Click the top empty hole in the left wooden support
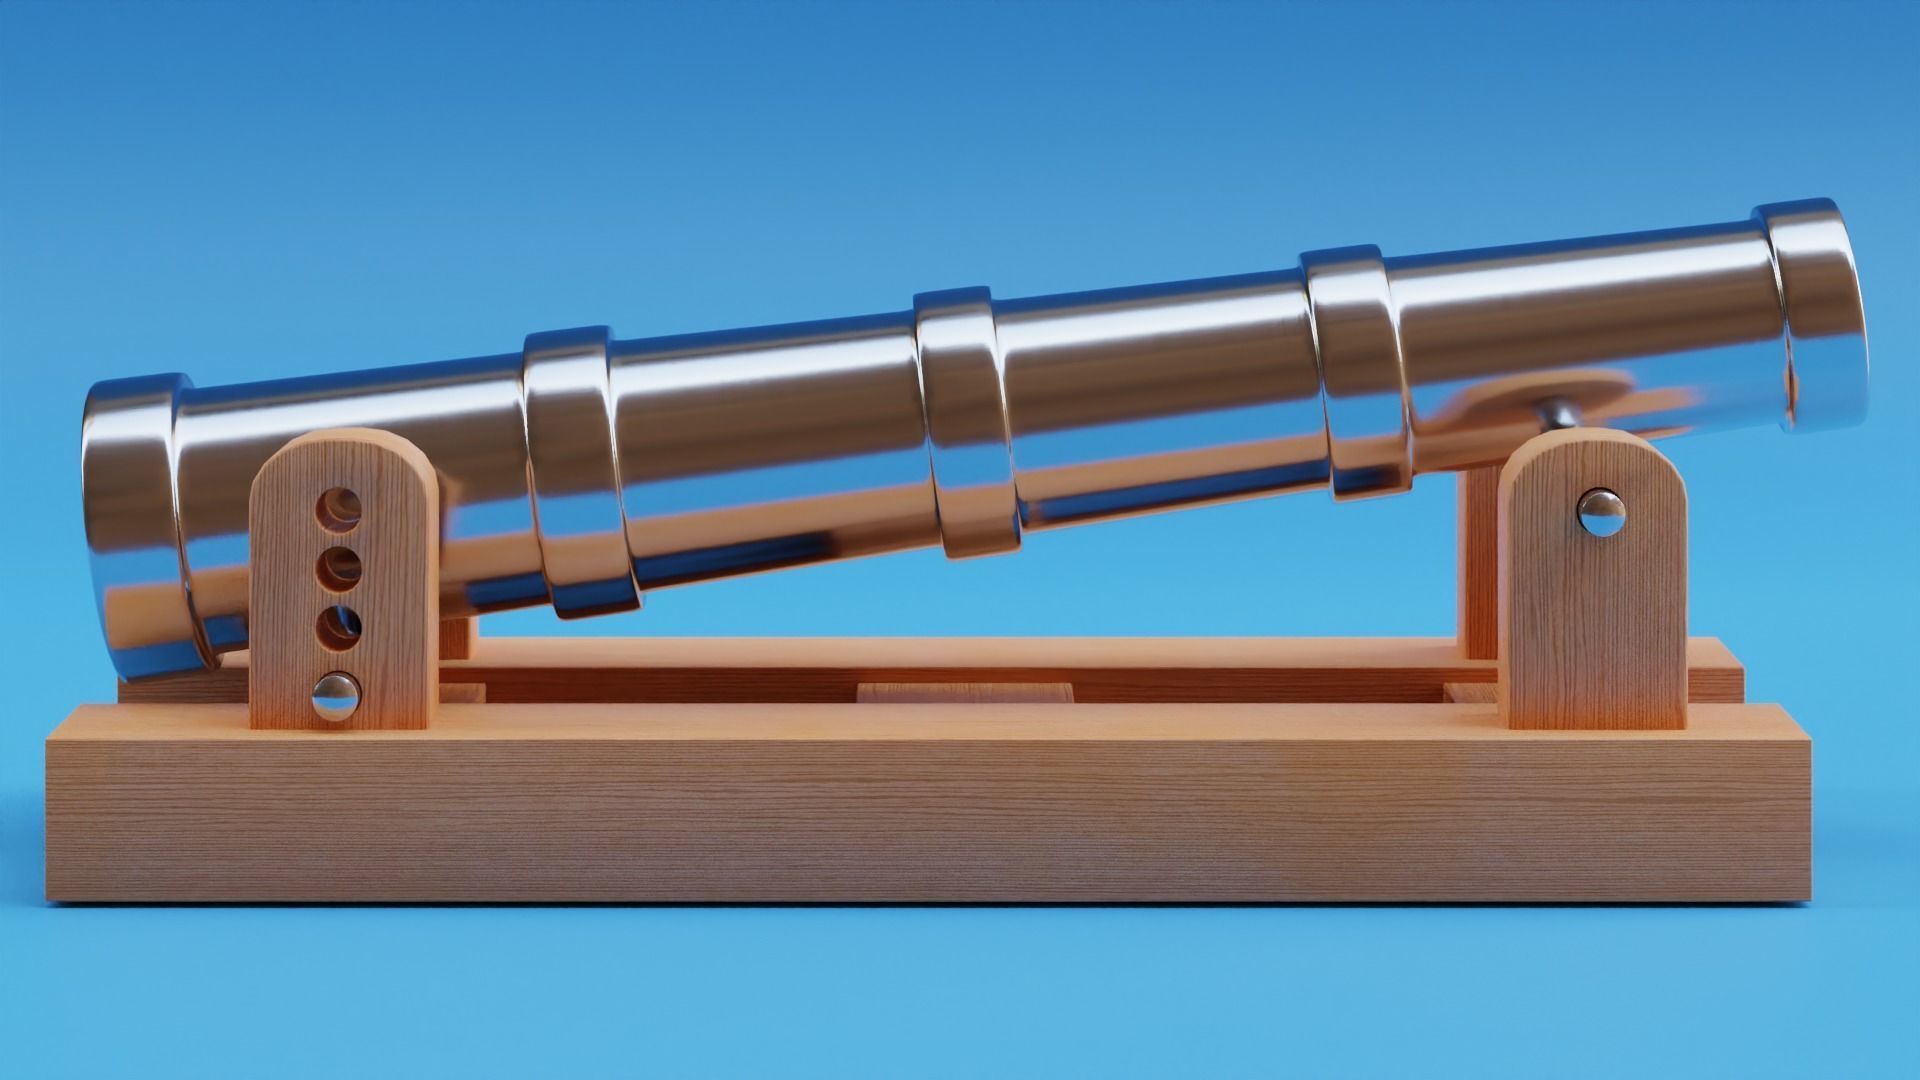[339, 511]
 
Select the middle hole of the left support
[339, 569]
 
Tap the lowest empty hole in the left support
[339, 627]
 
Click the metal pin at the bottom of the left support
[337, 696]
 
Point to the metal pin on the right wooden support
[1601, 513]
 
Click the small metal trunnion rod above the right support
[1560, 413]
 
